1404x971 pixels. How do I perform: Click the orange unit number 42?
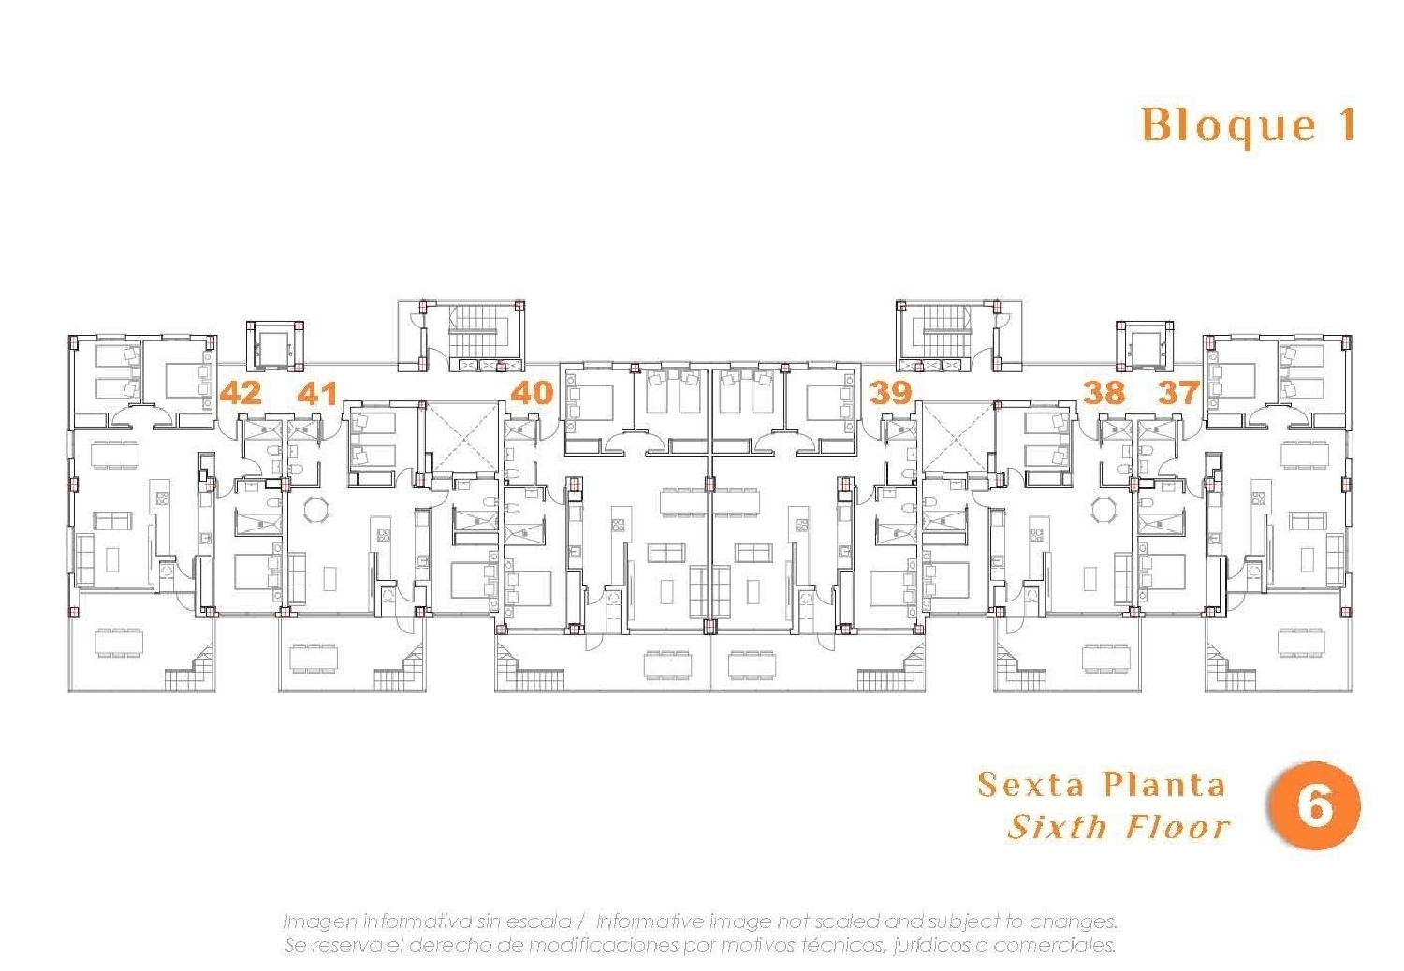pos(241,392)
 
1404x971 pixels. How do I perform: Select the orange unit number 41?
pos(317,393)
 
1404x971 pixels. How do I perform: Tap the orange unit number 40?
pos(533,392)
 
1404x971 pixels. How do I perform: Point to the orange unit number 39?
pos(890,392)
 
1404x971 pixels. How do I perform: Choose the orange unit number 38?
pos(1104,392)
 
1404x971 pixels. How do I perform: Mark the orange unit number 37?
pos(1177,392)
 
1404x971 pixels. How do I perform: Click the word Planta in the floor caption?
pos(1163,784)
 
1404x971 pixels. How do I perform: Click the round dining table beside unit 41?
pos(318,511)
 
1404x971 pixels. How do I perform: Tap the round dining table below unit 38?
pos(1104,511)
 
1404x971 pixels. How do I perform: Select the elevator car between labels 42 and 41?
pos(275,346)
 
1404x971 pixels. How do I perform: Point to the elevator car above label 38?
pos(1144,346)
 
